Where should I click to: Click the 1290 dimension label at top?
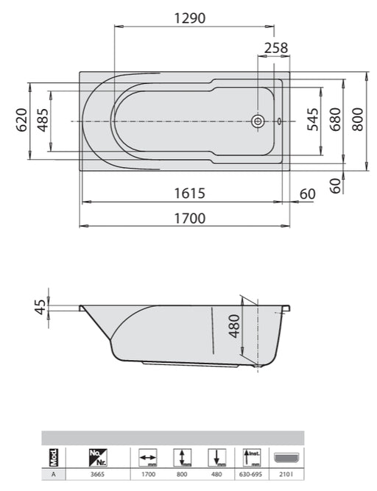click(190, 18)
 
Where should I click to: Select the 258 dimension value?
click(276, 49)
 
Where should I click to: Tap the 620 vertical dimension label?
click(21, 120)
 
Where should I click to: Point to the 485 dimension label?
click(43, 120)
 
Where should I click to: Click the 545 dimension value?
click(313, 119)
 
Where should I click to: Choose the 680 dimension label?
click(335, 119)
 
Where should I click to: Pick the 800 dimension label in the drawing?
click(357, 119)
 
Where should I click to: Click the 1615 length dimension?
click(190, 193)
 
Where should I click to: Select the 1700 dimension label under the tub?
click(190, 218)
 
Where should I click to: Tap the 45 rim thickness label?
click(40, 307)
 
